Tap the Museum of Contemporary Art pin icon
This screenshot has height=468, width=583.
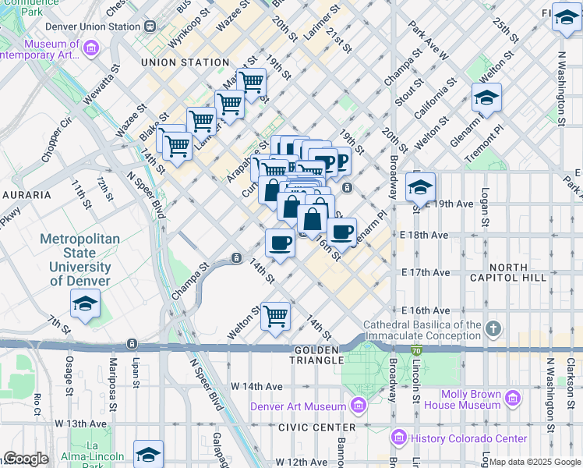91,50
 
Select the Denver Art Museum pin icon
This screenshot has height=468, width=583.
358,405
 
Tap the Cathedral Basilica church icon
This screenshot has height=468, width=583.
493,328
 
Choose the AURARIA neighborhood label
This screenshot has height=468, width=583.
26,194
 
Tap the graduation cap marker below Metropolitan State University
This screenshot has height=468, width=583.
85,304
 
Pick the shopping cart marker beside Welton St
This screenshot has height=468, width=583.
275,317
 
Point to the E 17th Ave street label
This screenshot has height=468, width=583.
426,272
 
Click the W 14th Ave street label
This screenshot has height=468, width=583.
256,386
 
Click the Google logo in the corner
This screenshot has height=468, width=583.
26,458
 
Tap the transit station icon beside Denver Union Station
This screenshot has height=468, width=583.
149,26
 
